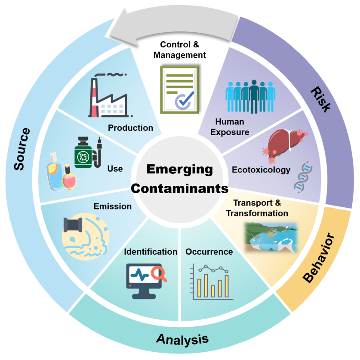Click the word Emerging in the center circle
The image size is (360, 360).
[179, 169]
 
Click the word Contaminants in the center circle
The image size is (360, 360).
[179, 188]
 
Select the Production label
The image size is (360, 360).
[130, 128]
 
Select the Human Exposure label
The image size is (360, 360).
[232, 127]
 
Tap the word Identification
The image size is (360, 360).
[151, 252]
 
